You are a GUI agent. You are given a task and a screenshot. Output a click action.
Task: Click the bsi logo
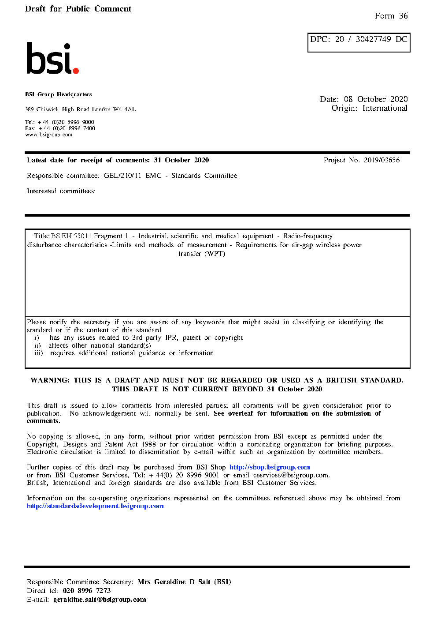pos(52,58)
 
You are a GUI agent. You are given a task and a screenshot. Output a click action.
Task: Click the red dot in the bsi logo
pos(76,70)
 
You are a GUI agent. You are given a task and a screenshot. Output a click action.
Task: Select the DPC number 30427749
pos(373,39)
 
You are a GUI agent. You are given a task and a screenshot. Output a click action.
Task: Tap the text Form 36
pos(391,16)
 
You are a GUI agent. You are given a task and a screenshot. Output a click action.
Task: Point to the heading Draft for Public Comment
pos(78,9)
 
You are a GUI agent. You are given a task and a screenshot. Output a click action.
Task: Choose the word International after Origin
pos(385,108)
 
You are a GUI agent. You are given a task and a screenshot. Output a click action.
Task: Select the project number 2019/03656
pos(381,160)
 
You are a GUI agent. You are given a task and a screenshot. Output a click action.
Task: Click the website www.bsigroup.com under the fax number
pos(48,135)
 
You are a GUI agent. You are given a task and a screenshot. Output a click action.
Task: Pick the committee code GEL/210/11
pos(122,176)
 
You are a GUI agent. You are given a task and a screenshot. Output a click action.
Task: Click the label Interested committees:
pos(61,191)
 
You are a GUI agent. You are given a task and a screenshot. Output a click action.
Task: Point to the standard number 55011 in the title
pos(82,236)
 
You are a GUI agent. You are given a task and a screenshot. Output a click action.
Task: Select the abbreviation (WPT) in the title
pos(215,254)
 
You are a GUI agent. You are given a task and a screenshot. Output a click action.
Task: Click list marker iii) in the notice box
pos(39,353)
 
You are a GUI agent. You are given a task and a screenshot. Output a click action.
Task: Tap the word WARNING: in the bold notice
pos(50,380)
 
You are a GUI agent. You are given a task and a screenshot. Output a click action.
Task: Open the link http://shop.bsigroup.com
pos(270,467)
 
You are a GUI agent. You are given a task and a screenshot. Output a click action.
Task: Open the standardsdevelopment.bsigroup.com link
pos(95,506)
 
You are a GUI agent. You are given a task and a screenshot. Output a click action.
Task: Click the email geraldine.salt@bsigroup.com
pos(100,600)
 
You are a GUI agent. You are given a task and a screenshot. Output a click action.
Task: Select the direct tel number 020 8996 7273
pos(87,591)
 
